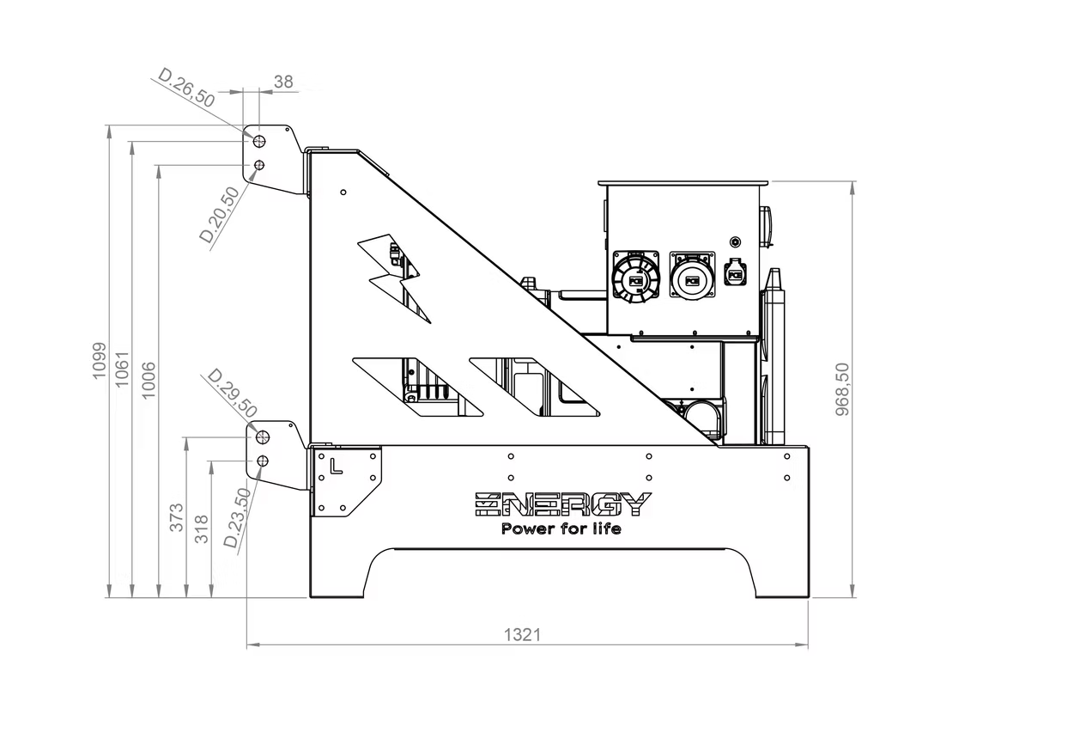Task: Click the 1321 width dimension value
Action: (522, 635)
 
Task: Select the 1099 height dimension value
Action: (100, 361)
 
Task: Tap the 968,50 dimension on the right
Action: (842, 389)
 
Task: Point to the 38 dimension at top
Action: (283, 82)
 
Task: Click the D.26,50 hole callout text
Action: (186, 88)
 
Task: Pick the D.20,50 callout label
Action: (219, 215)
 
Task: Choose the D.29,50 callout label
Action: (233, 394)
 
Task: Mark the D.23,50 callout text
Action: (238, 518)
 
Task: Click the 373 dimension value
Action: (177, 517)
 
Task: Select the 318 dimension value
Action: (202, 529)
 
